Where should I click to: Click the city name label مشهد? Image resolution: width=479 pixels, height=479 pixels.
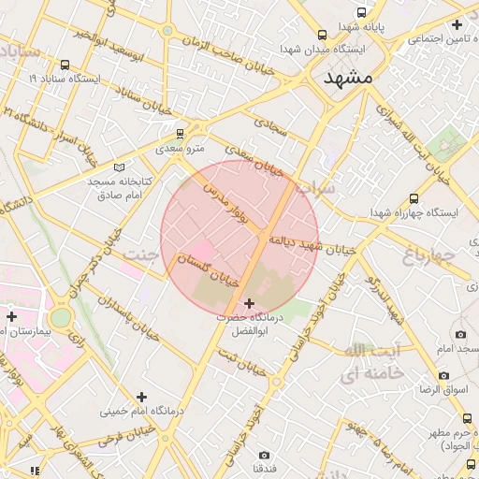coord(347,79)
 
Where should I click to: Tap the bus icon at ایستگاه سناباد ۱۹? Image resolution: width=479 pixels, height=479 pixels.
coord(65,65)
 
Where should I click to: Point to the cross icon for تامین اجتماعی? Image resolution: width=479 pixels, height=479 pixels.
coord(457,24)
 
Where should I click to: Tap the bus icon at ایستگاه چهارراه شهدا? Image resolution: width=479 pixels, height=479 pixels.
coord(414,198)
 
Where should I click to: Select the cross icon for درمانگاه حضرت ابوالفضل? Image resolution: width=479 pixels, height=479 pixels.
coord(249,304)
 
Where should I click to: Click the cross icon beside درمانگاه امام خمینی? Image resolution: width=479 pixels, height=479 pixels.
coord(141,398)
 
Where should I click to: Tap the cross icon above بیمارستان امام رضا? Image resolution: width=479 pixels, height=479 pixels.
coord(11,316)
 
